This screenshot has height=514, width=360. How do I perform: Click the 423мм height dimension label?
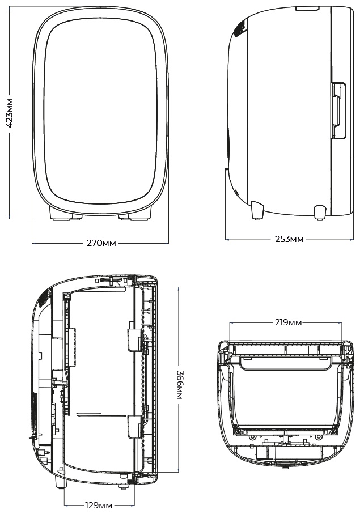(10, 113)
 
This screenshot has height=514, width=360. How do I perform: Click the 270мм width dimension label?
(101, 243)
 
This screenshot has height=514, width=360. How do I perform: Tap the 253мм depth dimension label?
(289, 239)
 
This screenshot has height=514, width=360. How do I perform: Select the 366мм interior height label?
(179, 385)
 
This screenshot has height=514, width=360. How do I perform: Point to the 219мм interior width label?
(288, 322)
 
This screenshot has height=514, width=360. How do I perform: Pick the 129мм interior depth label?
(99, 505)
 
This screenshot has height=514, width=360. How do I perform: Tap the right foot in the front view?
(135, 213)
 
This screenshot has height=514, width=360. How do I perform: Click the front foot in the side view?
(320, 212)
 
